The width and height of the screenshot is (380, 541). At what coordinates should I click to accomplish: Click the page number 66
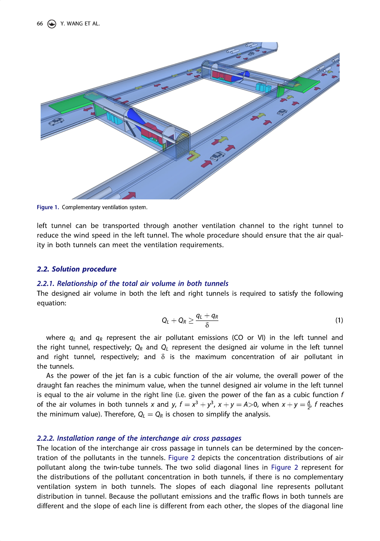coord(40,24)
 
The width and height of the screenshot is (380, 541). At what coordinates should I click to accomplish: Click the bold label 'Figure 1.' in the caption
coord(48,208)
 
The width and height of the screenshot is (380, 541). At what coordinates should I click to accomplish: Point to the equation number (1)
coord(339,320)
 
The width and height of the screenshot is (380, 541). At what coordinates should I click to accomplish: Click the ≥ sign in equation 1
coord(191,320)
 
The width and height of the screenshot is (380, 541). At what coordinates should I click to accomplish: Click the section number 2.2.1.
coord(46,283)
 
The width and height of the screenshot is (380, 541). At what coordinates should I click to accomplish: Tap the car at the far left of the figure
coord(56,122)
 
